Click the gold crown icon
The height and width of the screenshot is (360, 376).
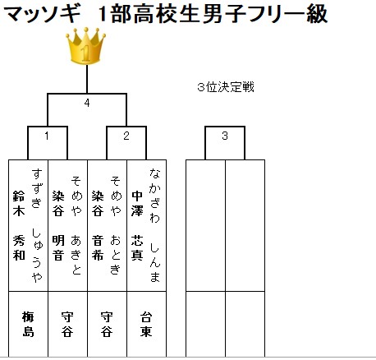tap(85, 46)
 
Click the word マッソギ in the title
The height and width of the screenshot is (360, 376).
tap(43, 14)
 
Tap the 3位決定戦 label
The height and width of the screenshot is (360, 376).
tap(226, 87)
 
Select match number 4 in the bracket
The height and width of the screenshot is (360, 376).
tap(87, 103)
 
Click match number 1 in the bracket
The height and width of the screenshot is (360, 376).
tap(47, 136)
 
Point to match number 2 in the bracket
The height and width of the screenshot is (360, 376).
tap(126, 136)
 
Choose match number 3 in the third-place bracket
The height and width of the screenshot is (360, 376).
tap(225, 136)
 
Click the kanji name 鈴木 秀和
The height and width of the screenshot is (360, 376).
tap(19, 225)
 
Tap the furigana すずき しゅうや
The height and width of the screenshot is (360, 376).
tap(37, 226)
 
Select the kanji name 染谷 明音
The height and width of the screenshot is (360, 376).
tap(58, 225)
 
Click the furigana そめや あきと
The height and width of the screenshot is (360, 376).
tap(76, 226)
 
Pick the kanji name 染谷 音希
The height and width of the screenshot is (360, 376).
tap(98, 225)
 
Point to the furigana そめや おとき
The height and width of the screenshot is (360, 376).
tap(116, 226)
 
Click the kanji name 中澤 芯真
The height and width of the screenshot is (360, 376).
tap(137, 225)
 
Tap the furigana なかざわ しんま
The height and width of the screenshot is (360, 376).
tap(155, 225)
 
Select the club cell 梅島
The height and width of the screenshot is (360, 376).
tap(28, 324)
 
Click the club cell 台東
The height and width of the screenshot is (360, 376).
tap(146, 324)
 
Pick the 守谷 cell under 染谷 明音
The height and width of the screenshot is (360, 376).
tap(67, 324)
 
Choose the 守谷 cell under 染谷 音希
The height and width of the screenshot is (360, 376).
tap(107, 324)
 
